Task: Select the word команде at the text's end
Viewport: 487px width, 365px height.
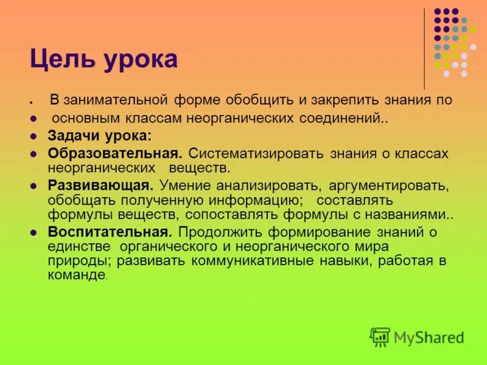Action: click(x=76, y=275)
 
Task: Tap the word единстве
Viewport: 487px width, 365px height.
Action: click(x=79, y=246)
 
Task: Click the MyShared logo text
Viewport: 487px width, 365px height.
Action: click(x=429, y=337)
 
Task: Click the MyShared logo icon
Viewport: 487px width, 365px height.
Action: click(x=380, y=336)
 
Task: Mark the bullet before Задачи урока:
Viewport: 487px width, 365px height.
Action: click(x=35, y=137)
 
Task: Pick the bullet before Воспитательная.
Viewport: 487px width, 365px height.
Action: click(x=35, y=232)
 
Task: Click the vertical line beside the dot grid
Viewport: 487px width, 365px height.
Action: click(x=424, y=49)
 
